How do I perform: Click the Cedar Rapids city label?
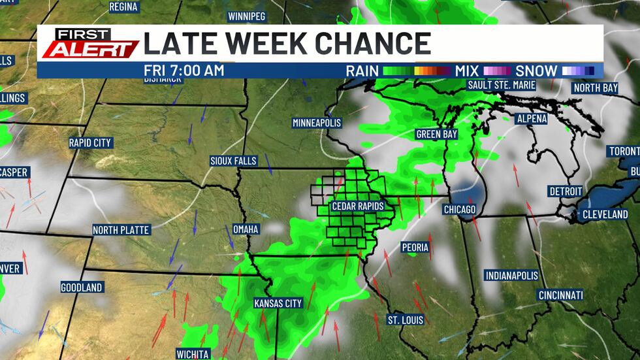pos(357,206)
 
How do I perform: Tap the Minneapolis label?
pos(317,123)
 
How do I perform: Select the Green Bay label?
pos(436,134)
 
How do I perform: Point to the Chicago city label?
pos(460,209)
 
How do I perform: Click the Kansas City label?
pos(278,303)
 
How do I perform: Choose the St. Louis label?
pos(406,320)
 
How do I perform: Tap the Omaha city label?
pos(246,229)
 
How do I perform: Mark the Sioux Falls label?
pos(233,161)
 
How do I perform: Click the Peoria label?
pos(415,248)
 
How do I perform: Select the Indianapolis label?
pos(511,276)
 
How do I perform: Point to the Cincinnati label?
pos(560,295)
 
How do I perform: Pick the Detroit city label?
pos(566,191)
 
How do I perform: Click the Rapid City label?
pos(91,142)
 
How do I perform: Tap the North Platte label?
pos(121,230)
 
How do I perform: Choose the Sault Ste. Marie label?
pos(502,85)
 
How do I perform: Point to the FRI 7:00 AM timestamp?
pos(184,70)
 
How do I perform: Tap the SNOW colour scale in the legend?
pos(577,71)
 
